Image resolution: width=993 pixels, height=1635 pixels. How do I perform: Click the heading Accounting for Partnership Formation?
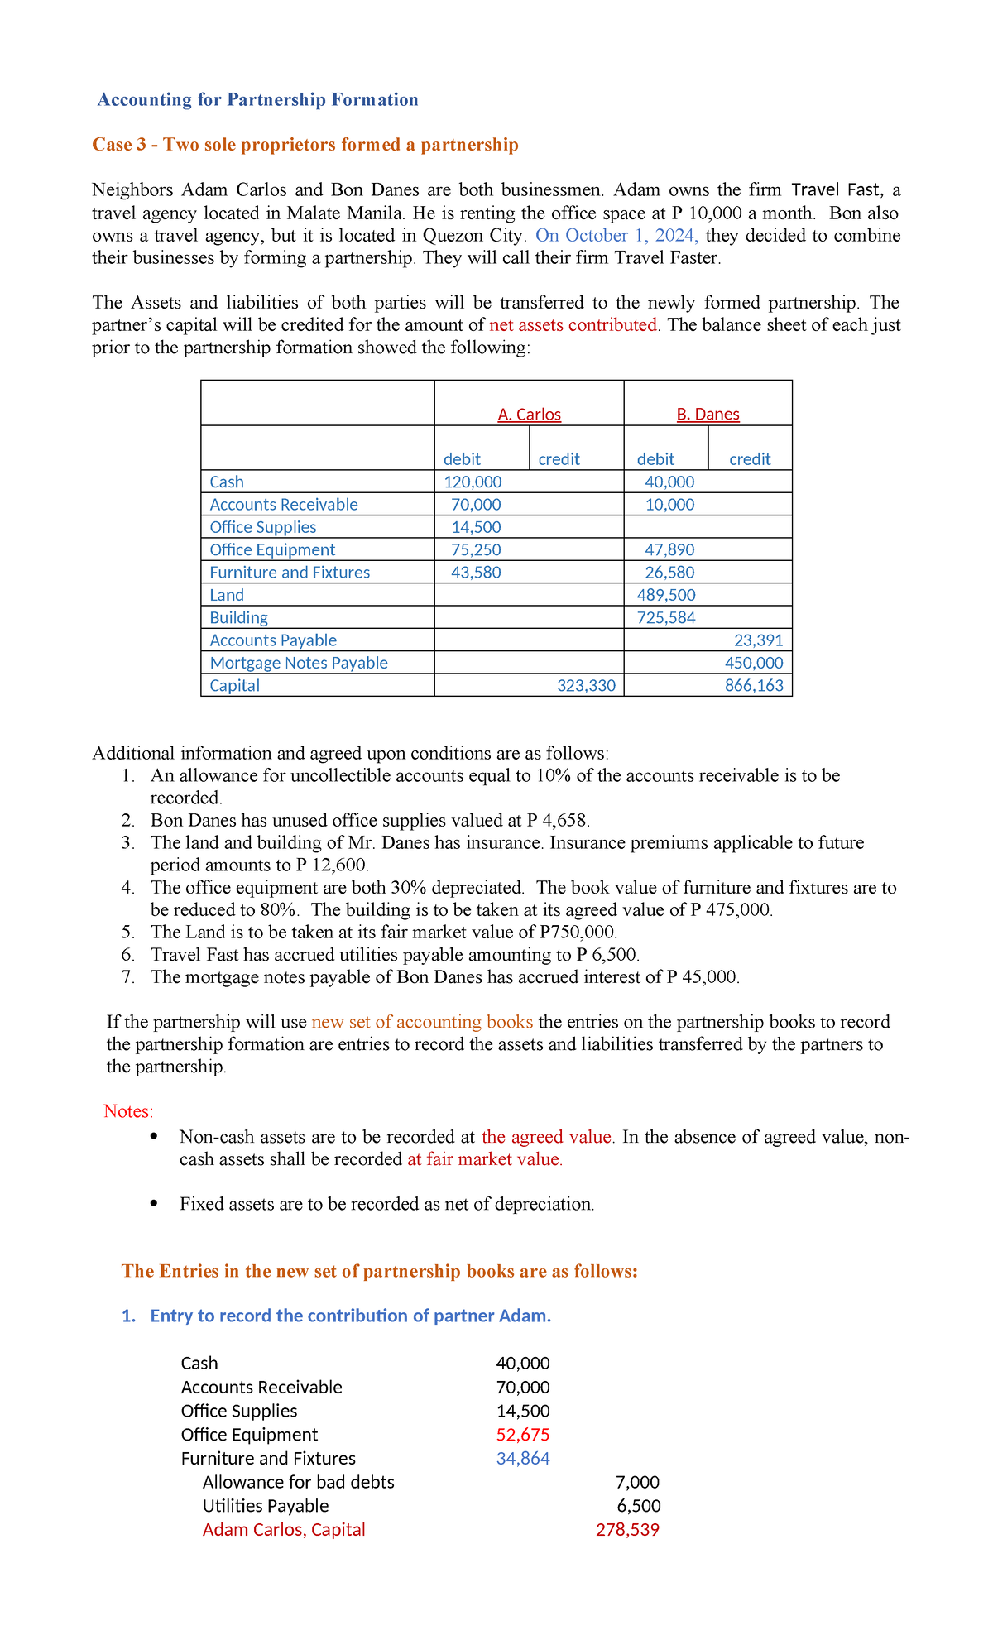257,100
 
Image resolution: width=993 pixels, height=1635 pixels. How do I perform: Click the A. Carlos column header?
529,414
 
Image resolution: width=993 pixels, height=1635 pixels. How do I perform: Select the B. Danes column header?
708,414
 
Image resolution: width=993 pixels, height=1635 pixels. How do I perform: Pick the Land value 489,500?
665,595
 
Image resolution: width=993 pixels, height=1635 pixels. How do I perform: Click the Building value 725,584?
665,617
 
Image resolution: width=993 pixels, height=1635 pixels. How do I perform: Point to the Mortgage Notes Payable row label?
298,663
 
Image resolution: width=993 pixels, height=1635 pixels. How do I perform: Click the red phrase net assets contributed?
573,324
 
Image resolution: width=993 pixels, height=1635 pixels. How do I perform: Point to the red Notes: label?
128,1110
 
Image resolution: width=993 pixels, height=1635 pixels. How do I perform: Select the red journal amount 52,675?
522,1435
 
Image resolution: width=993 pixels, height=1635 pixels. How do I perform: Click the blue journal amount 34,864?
522,1458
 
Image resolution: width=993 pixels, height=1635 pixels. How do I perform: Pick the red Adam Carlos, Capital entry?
283,1529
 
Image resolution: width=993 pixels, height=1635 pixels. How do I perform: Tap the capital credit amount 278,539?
627,1529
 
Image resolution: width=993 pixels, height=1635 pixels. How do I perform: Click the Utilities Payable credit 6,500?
638,1506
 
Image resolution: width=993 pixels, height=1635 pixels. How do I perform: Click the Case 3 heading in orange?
305,145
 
